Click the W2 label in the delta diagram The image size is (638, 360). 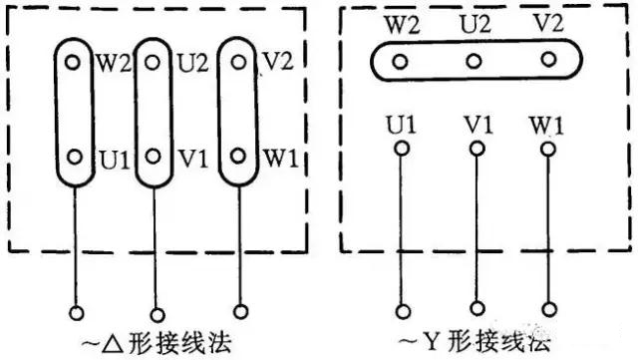click(108, 62)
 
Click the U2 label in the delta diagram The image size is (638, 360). click(191, 62)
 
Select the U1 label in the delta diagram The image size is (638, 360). click(108, 158)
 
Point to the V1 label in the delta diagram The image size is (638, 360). click(191, 158)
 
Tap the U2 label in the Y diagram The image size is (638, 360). click(475, 23)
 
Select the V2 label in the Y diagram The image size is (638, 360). click(546, 23)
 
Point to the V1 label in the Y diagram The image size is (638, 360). click(477, 127)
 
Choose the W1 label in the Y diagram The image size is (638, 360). click(546, 127)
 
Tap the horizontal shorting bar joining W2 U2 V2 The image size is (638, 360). click(474, 62)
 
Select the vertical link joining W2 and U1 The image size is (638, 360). click(73, 110)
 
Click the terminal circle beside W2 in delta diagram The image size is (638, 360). click(73, 62)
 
